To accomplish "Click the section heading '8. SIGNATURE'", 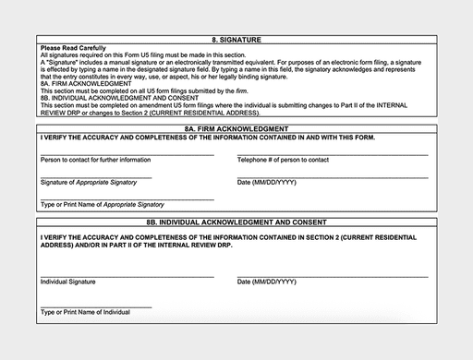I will tap(236, 40).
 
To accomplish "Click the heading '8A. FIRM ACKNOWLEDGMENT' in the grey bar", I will tap(236, 129).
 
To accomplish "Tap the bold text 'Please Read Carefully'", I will tap(74, 48).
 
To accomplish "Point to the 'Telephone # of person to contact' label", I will tap(283, 161).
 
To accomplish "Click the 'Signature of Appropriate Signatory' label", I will tap(89, 183).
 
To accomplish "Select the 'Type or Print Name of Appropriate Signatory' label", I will tap(103, 204).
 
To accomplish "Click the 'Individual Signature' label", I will tap(68, 280).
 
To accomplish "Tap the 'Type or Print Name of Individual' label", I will tap(85, 312).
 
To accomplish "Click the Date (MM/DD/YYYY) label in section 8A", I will tap(267, 183).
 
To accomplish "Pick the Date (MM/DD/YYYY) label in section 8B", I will tap(267, 280).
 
